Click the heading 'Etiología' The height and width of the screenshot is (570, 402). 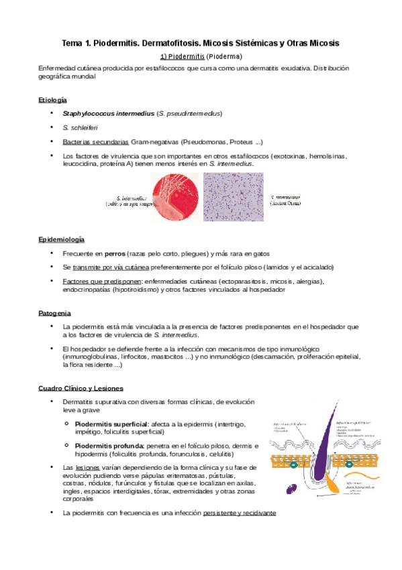[x=53, y=99]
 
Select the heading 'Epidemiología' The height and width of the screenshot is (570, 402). [x=61, y=239]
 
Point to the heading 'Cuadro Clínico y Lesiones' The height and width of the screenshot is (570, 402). [x=80, y=388]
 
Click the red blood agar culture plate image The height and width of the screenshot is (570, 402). [x=176, y=197]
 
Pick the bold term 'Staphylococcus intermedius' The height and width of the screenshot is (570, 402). [x=107, y=114]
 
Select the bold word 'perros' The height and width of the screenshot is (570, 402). [x=109, y=253]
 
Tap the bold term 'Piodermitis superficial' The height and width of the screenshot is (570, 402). [x=111, y=424]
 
